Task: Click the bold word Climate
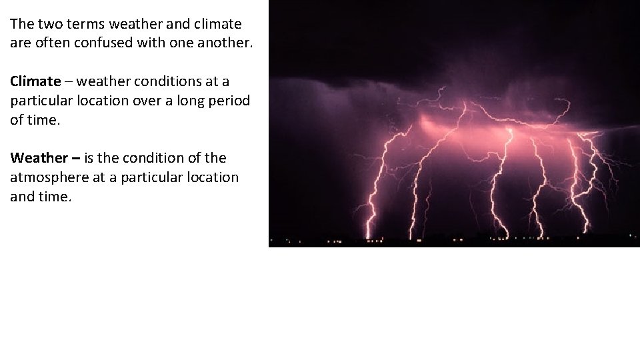[35, 81]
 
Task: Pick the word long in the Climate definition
[197, 101]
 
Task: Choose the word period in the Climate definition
[232, 101]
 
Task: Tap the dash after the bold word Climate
[69, 81]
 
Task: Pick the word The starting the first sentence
[21, 25]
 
